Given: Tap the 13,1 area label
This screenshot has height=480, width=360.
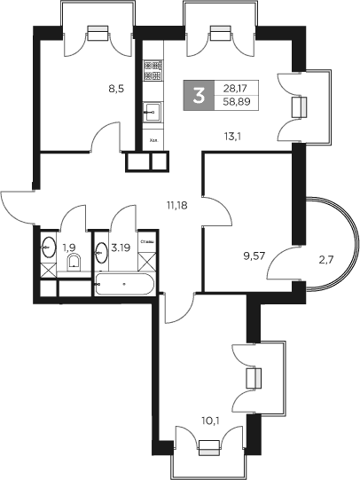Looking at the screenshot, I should pos(231,135).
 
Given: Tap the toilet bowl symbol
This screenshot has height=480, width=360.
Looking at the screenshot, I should pos(75,261).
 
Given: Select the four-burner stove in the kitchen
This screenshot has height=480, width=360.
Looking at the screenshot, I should pos(152,66).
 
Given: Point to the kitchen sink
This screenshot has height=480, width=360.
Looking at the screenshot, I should pos(152,114).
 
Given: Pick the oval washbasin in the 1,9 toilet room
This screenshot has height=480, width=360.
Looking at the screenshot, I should pos(49,248).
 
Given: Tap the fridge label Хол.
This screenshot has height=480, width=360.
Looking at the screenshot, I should pos(153,139).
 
